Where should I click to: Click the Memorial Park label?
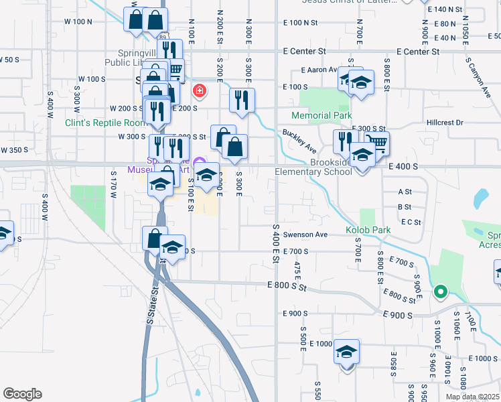pyautogui.click(x=321, y=115)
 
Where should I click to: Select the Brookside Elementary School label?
pyautogui.click(x=313, y=167)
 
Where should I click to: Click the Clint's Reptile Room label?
pyautogui.click(x=105, y=123)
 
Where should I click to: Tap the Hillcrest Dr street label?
pyautogui.click(x=445, y=123)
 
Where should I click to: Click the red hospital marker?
pyautogui.click(x=198, y=90)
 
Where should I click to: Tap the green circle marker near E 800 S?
pyautogui.click(x=440, y=291)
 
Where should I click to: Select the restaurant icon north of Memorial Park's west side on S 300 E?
pyautogui.click(x=242, y=99)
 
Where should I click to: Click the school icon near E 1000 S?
pyautogui.click(x=346, y=351)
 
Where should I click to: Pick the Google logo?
pyautogui.click(x=22, y=393)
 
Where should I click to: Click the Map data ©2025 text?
pyautogui.click(x=472, y=397)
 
